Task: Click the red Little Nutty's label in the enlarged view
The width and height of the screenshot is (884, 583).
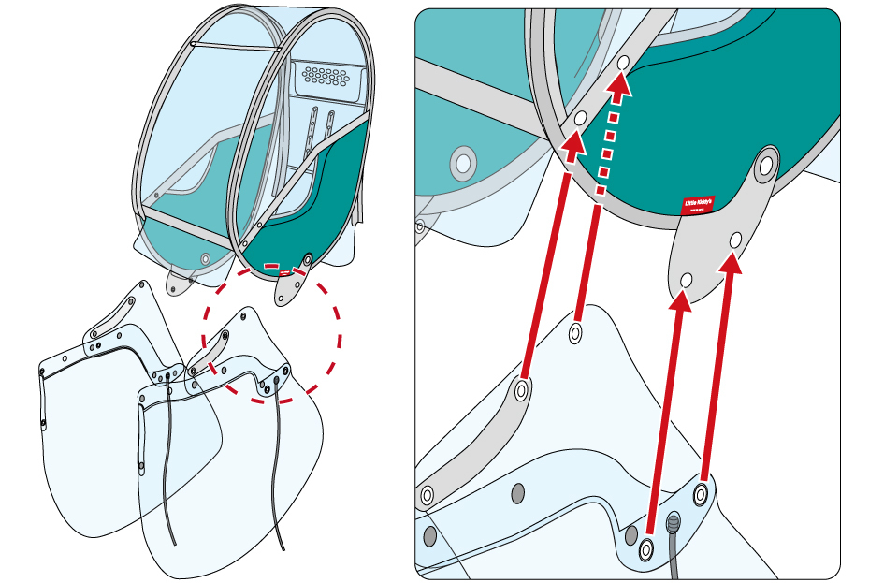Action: (x=697, y=205)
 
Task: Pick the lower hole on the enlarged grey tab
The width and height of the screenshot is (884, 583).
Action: (x=687, y=280)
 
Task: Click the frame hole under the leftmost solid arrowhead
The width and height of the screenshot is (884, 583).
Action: (x=580, y=119)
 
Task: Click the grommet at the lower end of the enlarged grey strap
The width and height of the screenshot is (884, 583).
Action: (x=428, y=494)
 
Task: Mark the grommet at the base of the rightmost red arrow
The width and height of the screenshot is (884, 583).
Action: (x=701, y=492)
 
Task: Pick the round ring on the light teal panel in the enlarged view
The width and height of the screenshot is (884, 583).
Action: (x=462, y=164)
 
